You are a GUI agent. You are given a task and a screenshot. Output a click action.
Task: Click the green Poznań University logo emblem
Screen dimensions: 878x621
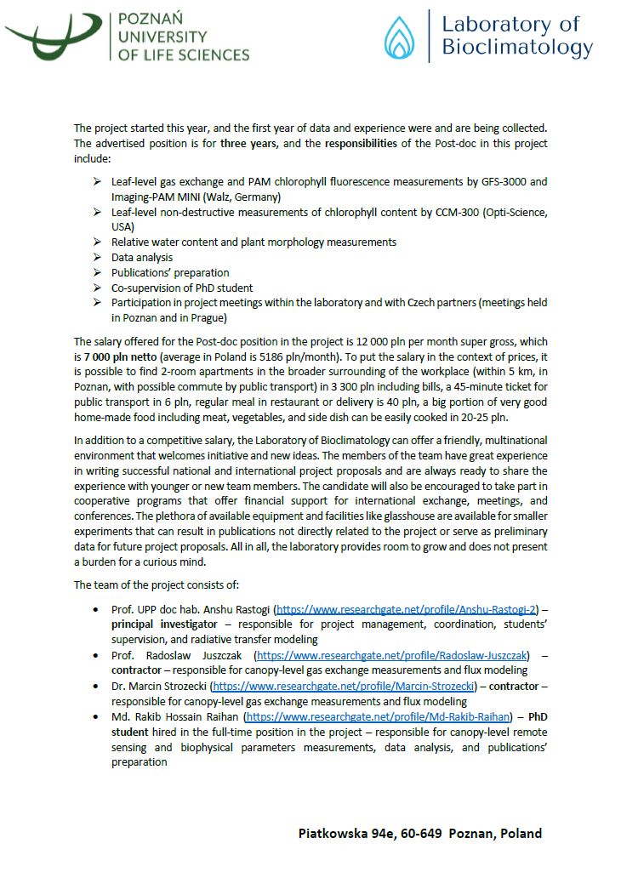53,36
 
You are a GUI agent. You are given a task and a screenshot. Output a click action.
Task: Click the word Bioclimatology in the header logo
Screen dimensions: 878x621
516,48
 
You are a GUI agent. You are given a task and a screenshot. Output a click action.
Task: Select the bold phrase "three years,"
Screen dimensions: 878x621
249,143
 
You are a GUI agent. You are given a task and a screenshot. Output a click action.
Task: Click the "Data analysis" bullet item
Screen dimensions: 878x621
142,257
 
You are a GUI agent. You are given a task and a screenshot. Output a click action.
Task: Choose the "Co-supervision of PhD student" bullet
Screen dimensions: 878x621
182,288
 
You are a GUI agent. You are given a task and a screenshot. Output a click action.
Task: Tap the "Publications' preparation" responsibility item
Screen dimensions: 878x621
170,272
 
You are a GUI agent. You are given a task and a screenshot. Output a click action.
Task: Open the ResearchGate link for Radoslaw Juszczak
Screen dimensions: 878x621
393,654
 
